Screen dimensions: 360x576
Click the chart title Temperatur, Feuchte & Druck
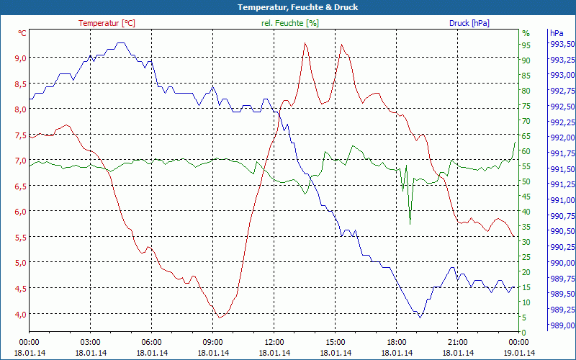tap(287, 7)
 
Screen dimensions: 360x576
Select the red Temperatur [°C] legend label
tap(107, 23)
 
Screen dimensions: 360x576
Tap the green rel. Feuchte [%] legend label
tap(289, 23)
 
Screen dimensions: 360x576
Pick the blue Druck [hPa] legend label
tap(469, 23)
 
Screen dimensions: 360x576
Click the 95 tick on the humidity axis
tap(526, 45)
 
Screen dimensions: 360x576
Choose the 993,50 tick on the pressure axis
tap(562, 45)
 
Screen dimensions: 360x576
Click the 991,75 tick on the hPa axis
tap(562, 153)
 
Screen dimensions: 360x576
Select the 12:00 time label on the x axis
tap(274, 342)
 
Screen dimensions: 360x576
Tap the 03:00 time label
tap(90, 342)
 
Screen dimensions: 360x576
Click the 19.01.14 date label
tap(519, 353)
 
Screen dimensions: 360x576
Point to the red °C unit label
tap(22, 33)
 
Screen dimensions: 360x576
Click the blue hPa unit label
tap(556, 33)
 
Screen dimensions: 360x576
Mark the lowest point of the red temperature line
tap(220, 318)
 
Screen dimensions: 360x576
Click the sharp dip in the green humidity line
tap(410, 223)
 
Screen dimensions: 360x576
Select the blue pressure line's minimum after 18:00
tap(420, 317)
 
